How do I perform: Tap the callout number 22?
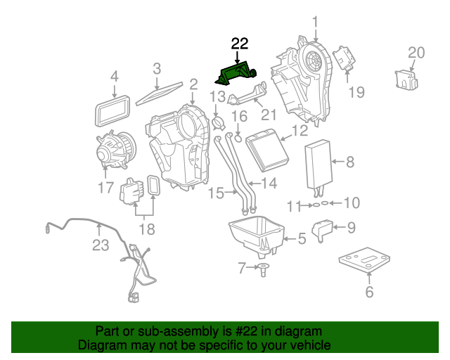click(240, 44)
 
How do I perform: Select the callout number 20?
click(416, 52)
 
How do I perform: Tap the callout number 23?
click(101, 245)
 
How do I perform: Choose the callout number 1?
click(315, 22)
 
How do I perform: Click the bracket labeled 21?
click(247, 96)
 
